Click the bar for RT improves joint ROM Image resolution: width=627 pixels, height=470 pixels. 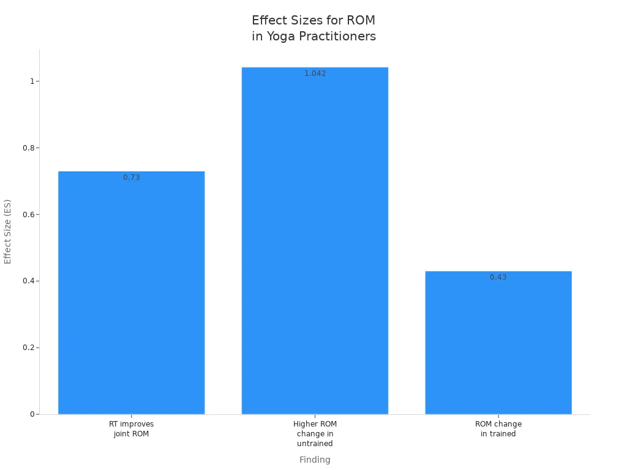pyautogui.click(x=131, y=293)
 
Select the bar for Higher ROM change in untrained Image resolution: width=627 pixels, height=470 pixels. pyautogui.click(x=315, y=241)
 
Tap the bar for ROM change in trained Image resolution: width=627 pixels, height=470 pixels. pyautogui.click(x=498, y=343)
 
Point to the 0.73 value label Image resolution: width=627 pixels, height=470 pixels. pyautogui.click(x=131, y=177)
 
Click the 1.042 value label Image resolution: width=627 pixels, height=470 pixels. pyautogui.click(x=315, y=73)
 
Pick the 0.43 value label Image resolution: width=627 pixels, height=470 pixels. pyautogui.click(x=498, y=277)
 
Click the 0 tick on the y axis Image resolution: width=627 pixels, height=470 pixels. pyautogui.click(x=32, y=414)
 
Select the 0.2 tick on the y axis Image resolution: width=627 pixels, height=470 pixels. pyautogui.click(x=28, y=348)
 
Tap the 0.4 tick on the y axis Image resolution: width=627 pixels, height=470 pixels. pyautogui.click(x=28, y=281)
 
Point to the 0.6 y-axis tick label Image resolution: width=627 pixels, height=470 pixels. pyautogui.click(x=28, y=215)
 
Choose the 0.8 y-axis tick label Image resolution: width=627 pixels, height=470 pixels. pyautogui.click(x=28, y=148)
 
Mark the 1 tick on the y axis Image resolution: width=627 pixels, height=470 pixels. pyautogui.click(x=32, y=81)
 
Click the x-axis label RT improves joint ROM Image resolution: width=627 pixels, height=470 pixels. pyautogui.click(x=131, y=429)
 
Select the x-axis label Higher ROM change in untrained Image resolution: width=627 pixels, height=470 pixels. pyautogui.click(x=315, y=434)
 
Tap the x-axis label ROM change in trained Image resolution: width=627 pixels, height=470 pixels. pyautogui.click(x=498, y=429)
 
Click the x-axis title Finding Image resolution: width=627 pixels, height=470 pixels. pyautogui.click(x=315, y=460)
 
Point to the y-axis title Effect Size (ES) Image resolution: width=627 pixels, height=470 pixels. pyautogui.click(x=7, y=232)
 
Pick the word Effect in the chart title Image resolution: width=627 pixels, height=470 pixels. pyautogui.click(x=270, y=20)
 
